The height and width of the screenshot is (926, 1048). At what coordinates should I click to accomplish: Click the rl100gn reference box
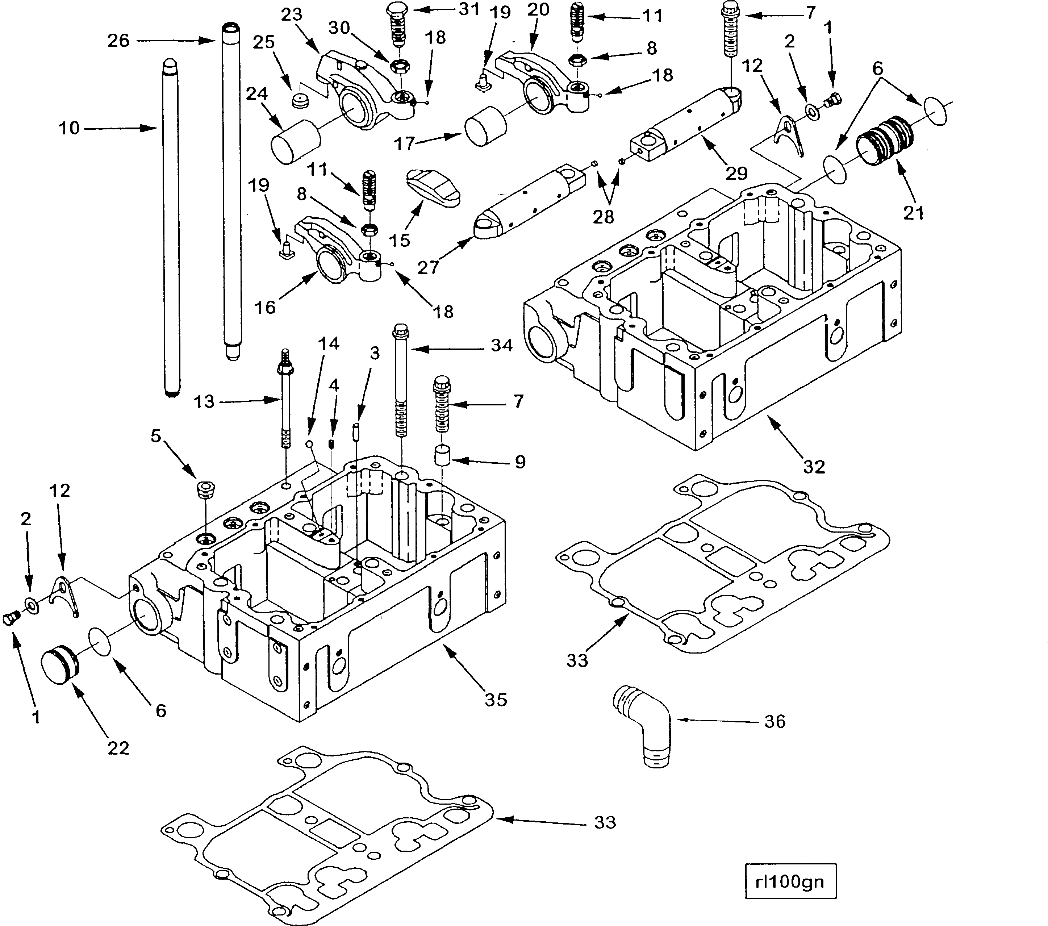tap(790, 881)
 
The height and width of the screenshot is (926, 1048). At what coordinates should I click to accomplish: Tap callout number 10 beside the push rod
tap(69, 128)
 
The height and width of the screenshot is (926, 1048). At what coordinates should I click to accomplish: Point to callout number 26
tap(118, 41)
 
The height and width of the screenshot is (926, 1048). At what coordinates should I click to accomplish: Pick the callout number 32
tap(814, 467)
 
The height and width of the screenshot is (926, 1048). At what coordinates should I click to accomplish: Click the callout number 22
tap(118, 748)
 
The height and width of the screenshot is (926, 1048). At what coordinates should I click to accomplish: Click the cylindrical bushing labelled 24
tap(295, 141)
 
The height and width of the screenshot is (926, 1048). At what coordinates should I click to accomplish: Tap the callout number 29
tap(736, 173)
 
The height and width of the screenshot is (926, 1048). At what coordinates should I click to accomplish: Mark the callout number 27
tap(427, 267)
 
